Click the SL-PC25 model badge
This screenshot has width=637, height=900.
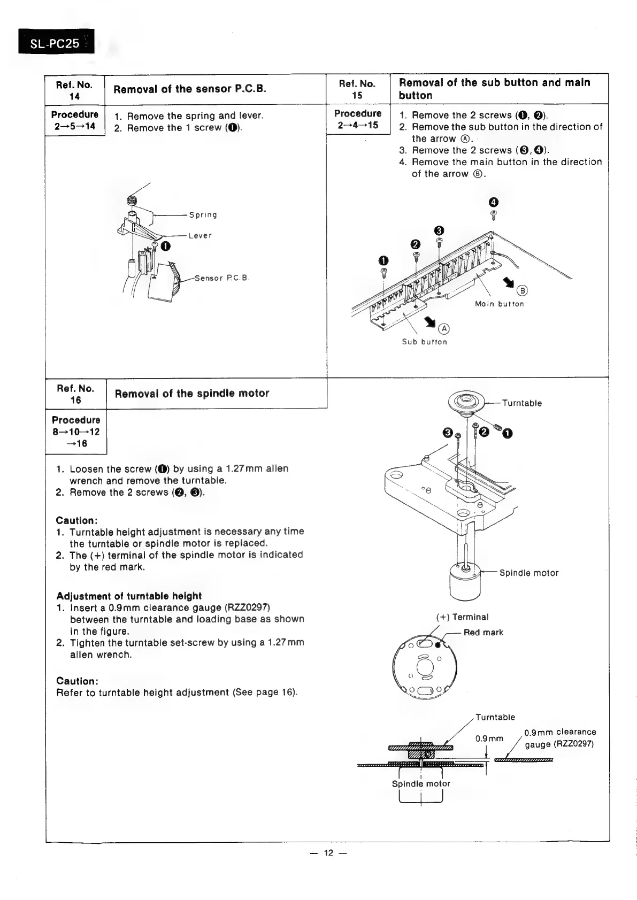56,42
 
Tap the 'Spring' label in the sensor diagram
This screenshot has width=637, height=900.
203,215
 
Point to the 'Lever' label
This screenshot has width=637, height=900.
200,236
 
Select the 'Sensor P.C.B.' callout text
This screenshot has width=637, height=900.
222,278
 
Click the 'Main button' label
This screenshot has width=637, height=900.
499,304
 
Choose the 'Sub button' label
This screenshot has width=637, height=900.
424,342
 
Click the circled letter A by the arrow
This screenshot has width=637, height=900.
444,328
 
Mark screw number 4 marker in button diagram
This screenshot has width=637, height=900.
494,202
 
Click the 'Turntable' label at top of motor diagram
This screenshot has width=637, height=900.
521,403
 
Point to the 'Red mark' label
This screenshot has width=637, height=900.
483,633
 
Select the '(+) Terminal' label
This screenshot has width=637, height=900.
463,617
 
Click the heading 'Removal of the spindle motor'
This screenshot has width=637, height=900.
192,394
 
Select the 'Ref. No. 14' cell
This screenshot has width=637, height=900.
74,90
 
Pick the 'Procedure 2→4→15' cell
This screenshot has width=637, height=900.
358,119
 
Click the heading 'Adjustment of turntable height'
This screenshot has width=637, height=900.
129,596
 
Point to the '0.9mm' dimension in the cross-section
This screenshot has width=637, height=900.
489,739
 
